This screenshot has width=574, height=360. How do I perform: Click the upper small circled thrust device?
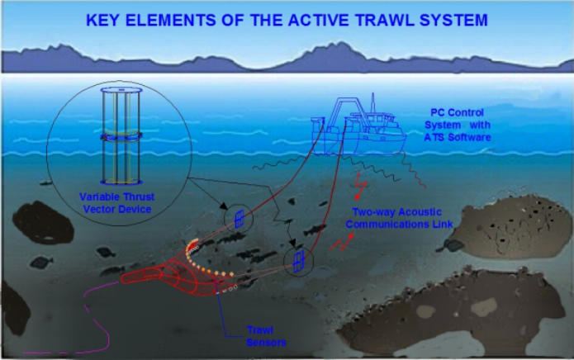point(238,217)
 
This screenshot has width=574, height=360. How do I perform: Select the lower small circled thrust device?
point(297,263)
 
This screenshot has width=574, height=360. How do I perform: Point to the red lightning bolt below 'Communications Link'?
point(341,242)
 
